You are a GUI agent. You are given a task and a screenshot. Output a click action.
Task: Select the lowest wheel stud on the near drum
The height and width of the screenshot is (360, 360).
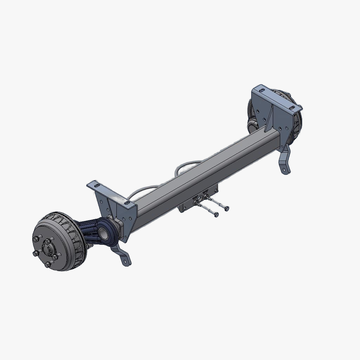point(48,264)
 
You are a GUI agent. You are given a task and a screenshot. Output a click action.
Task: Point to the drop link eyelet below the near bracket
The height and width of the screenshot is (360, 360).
point(124,261)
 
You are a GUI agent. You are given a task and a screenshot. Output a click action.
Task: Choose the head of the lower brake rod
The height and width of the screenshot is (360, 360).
point(216,214)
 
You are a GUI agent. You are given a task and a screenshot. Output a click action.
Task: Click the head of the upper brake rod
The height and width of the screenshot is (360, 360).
point(226,208)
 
